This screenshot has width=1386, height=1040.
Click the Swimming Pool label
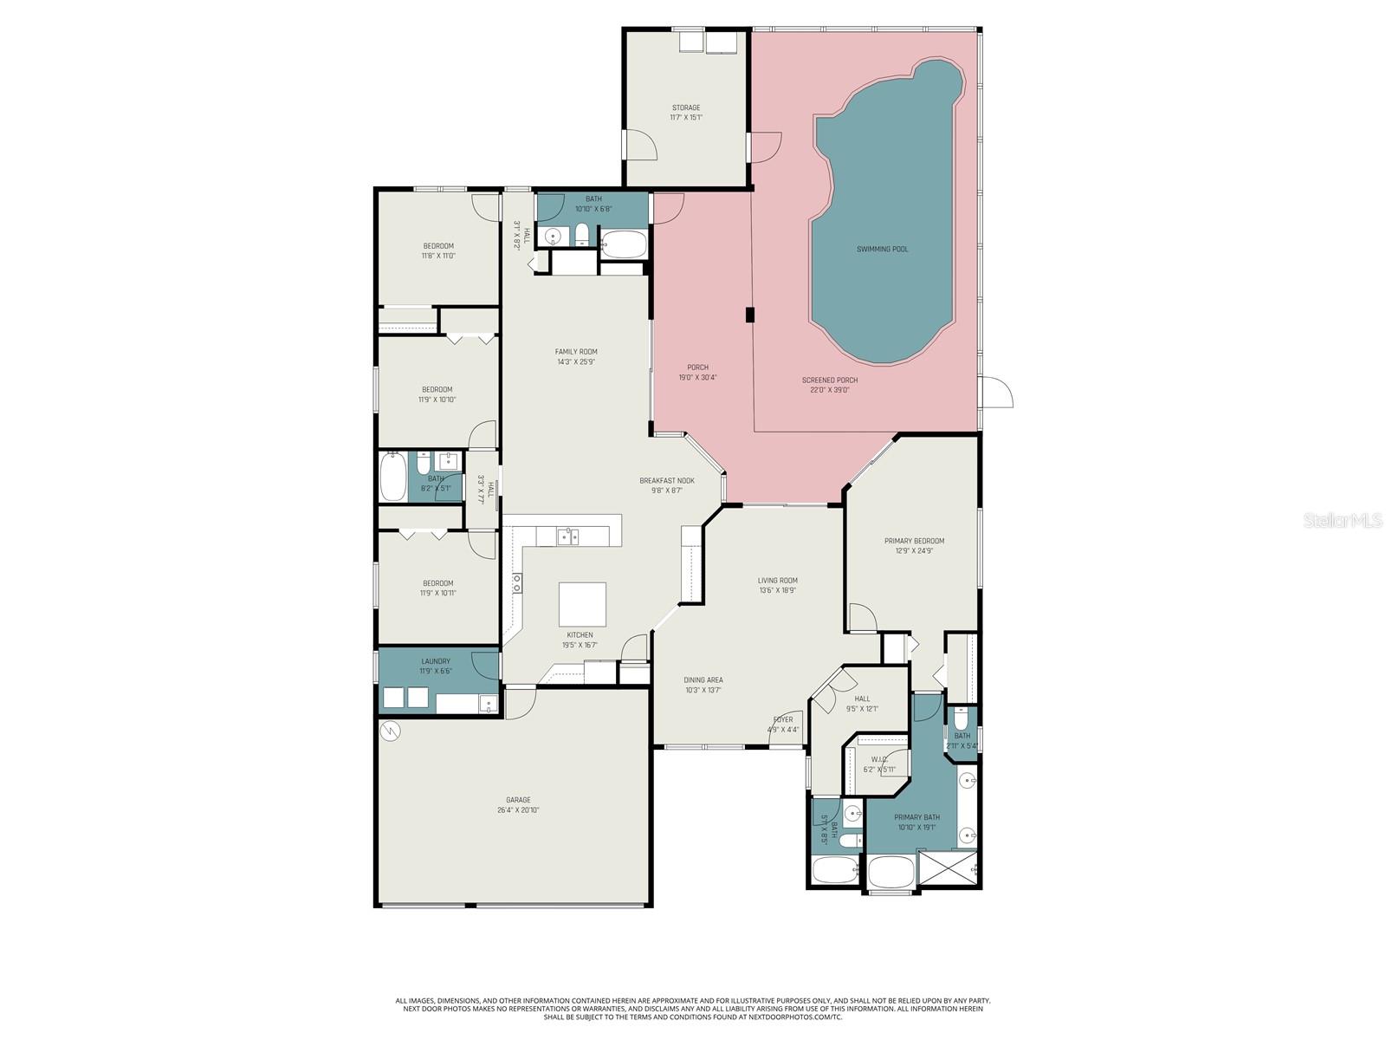point(882,250)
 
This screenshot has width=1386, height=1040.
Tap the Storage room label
point(685,108)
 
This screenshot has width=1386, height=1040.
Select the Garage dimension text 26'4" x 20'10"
point(519,810)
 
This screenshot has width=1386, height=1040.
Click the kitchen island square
point(582,604)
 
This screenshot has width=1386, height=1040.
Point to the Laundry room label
point(436,661)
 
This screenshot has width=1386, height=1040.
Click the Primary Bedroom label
point(914,541)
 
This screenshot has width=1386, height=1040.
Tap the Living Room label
point(777,581)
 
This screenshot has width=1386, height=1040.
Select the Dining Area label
point(703,680)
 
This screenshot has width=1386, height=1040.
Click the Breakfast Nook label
point(667,480)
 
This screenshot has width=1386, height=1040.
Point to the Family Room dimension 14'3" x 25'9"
point(576,362)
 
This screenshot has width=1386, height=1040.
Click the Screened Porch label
point(829,380)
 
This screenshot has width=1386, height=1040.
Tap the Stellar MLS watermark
point(1344,520)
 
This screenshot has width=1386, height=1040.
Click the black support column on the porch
point(750,315)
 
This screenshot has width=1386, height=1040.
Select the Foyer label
point(782,719)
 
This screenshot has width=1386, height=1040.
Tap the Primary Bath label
point(916,817)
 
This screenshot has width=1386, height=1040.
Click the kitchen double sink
point(568,536)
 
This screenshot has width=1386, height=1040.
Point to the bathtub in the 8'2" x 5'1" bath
point(393,478)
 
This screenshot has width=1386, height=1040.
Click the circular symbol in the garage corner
point(391,731)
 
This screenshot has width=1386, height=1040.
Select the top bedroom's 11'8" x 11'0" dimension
point(438,256)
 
